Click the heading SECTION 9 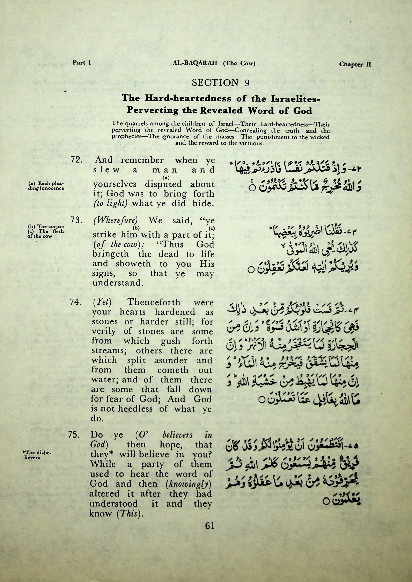tap(221, 83)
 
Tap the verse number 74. tap(75, 303)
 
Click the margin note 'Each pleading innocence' tap(46, 186)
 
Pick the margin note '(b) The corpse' tap(46, 226)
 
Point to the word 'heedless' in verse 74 tap(135, 409)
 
